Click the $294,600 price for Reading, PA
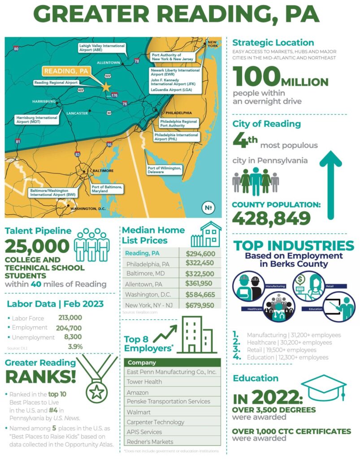click(200, 253)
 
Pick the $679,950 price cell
click(200, 305)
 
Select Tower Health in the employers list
click(144, 382)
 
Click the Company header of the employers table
click(142, 362)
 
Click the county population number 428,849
click(271, 219)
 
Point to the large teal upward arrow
click(330, 184)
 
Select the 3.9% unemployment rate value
click(75, 346)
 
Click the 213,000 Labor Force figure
click(70, 318)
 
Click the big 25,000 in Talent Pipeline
click(37, 246)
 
